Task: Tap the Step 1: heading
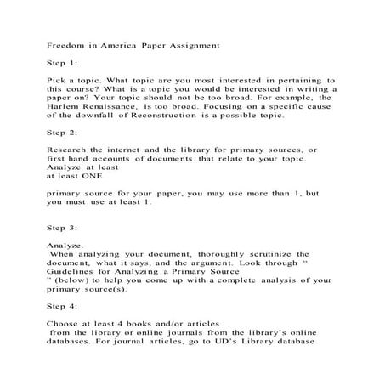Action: tap(60, 63)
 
